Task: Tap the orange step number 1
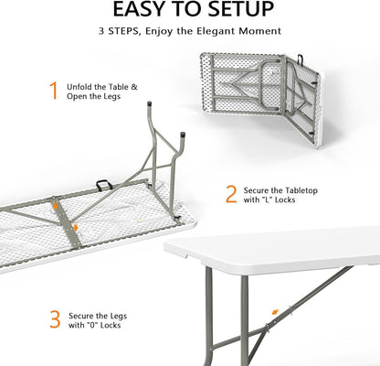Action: tap(53, 91)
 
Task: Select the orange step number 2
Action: tap(231, 194)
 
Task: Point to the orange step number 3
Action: tap(56, 319)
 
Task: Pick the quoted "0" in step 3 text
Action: tap(100, 326)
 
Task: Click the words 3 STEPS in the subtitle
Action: tap(121, 32)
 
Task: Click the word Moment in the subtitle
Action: tap(260, 32)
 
